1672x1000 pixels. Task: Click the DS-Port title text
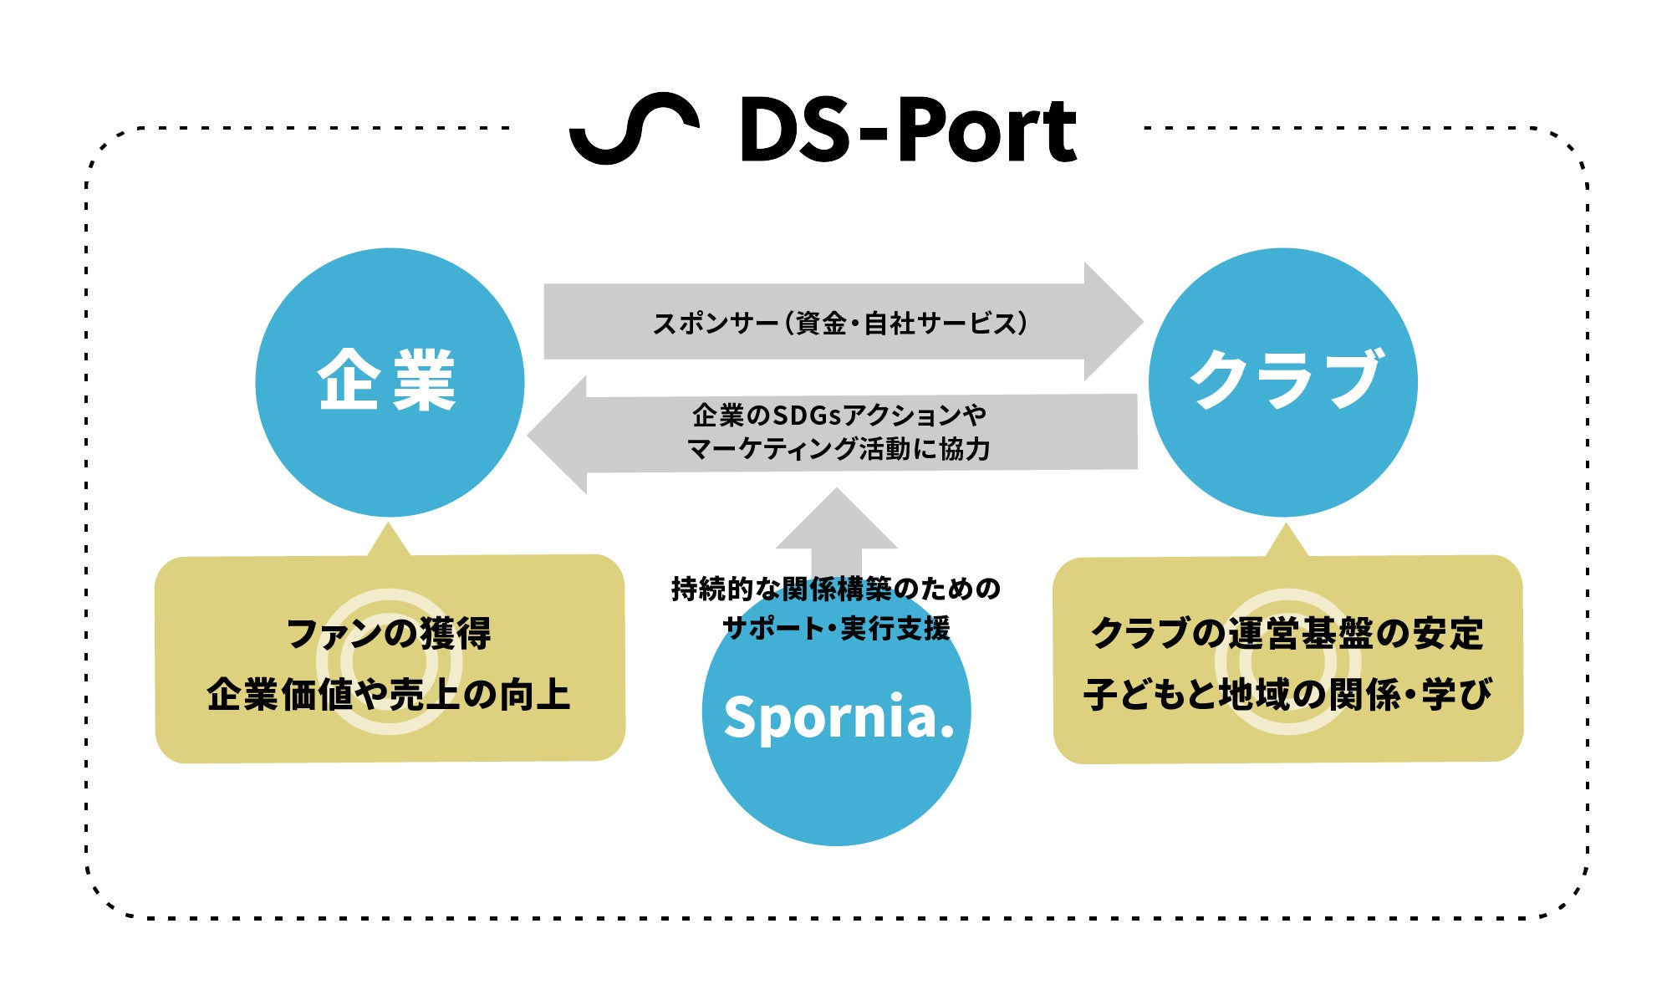(908, 130)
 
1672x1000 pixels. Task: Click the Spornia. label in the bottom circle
(839, 717)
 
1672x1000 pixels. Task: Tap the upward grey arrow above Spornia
(836, 527)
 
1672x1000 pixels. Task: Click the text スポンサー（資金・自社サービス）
(839, 323)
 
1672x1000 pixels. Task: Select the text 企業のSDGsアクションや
(839, 415)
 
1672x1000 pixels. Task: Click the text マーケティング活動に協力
(839, 449)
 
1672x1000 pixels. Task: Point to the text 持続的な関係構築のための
(836, 589)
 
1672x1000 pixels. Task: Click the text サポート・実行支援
(836, 627)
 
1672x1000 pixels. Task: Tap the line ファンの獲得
(390, 633)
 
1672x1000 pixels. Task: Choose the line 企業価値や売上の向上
(390, 694)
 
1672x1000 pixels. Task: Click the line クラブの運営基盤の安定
(1287, 633)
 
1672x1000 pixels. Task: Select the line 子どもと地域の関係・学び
(1287, 694)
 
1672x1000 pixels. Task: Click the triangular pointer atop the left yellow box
(389, 542)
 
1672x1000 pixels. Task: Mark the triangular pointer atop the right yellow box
(1287, 543)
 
